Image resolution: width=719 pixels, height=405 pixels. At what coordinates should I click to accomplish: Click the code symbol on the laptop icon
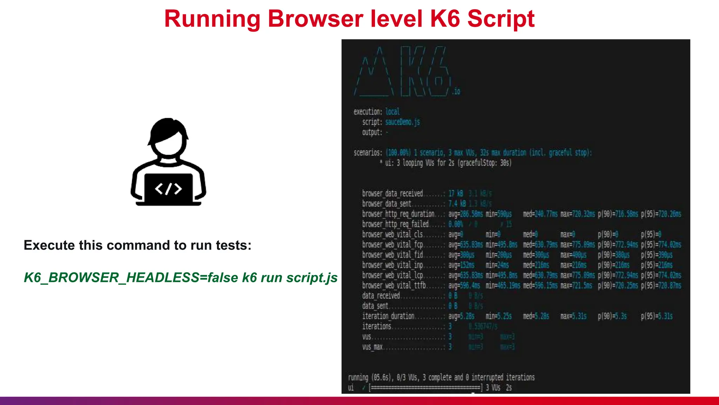(x=168, y=189)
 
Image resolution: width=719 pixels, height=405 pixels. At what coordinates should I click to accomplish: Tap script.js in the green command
(x=312, y=278)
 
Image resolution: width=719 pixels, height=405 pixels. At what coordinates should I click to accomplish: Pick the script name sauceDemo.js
(x=402, y=122)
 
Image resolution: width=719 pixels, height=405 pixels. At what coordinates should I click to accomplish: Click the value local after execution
(x=393, y=112)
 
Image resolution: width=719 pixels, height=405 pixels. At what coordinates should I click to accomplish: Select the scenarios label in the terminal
(x=368, y=153)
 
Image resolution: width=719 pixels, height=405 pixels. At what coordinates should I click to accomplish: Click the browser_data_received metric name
(x=393, y=193)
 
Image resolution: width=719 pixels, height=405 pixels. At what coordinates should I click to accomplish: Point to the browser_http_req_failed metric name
(x=395, y=224)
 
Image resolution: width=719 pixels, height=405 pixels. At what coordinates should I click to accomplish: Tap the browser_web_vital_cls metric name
(x=393, y=234)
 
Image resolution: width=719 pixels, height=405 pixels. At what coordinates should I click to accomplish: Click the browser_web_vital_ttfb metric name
(x=394, y=285)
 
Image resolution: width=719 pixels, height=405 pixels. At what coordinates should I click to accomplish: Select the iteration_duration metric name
(x=388, y=316)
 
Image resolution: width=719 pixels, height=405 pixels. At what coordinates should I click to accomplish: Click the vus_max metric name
(x=372, y=347)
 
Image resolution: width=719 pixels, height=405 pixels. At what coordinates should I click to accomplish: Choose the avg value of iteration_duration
(x=461, y=316)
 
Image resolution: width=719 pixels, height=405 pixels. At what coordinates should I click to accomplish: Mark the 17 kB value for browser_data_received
(x=456, y=193)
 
